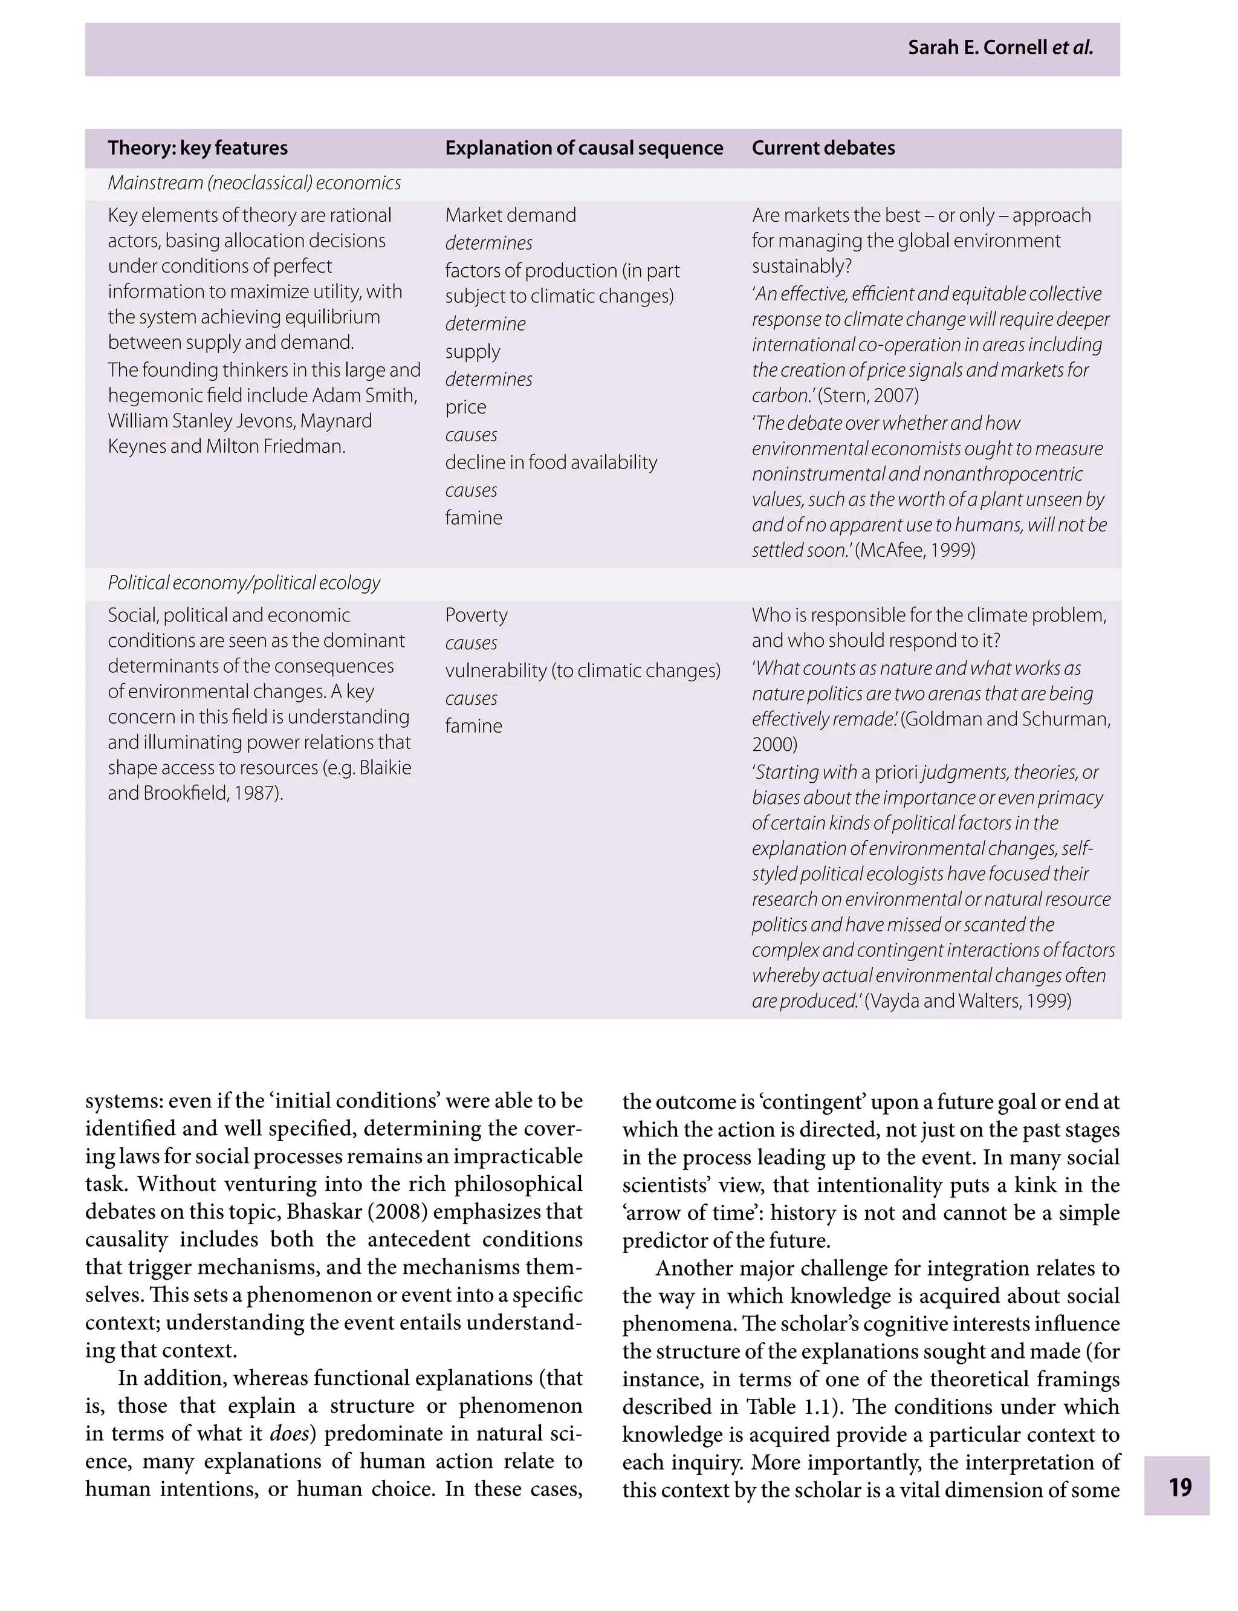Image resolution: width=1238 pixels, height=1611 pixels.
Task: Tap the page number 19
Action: [x=1180, y=1486]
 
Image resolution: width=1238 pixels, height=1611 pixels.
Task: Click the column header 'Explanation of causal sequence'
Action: [x=583, y=148]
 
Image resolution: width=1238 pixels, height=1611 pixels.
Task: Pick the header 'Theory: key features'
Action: [x=198, y=148]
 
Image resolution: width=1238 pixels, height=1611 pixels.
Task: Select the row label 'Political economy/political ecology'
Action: [x=244, y=583]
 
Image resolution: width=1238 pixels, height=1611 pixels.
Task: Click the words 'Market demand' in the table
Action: [x=510, y=215]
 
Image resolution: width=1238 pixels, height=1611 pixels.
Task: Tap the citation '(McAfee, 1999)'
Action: [x=915, y=551]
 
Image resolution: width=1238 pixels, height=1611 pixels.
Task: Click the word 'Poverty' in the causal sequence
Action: [x=476, y=615]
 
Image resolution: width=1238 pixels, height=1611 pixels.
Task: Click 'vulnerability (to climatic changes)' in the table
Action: [x=582, y=670]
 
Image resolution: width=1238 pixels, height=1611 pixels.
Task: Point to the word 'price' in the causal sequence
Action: [x=465, y=407]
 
